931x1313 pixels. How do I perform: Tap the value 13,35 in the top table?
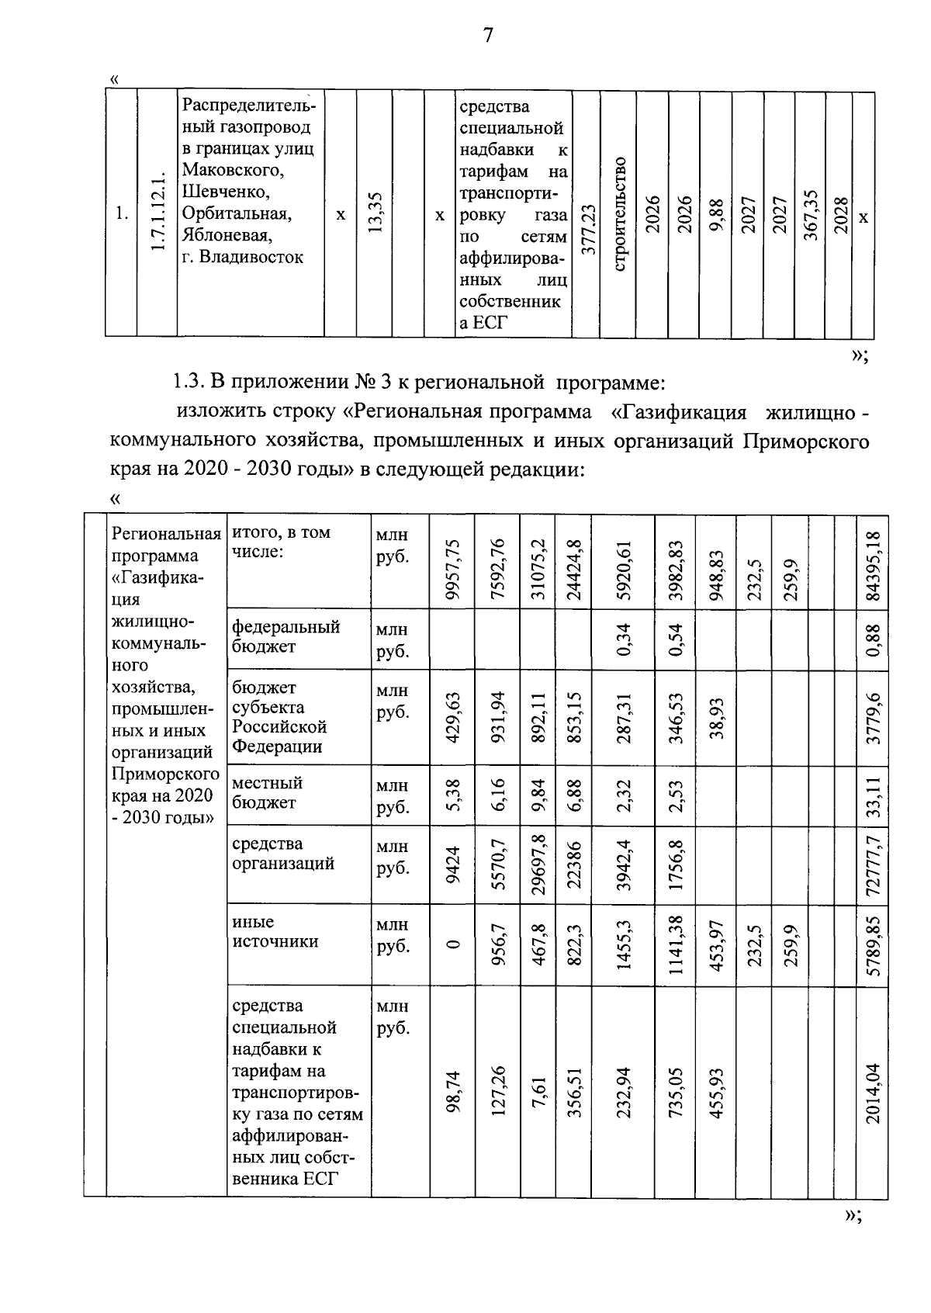(x=374, y=213)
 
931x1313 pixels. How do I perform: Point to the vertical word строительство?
(x=619, y=213)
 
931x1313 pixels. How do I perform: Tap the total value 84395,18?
(x=874, y=565)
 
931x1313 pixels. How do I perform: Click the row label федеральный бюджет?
(x=286, y=636)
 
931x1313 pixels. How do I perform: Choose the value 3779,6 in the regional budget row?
(x=874, y=718)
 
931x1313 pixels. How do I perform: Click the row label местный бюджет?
(x=268, y=792)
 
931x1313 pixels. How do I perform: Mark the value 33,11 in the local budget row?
(x=874, y=795)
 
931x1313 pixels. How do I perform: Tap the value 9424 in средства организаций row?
(x=454, y=864)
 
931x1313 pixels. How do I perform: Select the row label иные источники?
(x=264, y=931)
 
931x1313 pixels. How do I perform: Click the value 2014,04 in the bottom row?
(x=874, y=1092)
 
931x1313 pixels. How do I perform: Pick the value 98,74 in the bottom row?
(x=454, y=1092)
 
